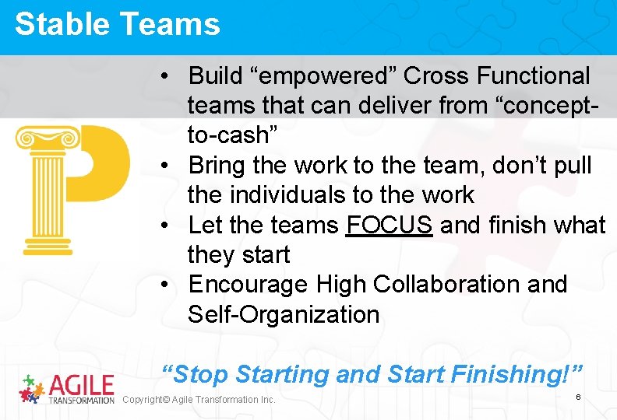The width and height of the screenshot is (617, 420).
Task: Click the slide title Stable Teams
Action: (117, 24)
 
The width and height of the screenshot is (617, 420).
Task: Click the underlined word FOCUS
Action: (390, 226)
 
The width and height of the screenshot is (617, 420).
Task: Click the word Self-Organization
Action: (284, 315)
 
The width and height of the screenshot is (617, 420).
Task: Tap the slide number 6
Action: (578, 397)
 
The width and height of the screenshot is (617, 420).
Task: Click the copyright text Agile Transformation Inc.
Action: (199, 400)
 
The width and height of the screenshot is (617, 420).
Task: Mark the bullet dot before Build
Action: (166, 77)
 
